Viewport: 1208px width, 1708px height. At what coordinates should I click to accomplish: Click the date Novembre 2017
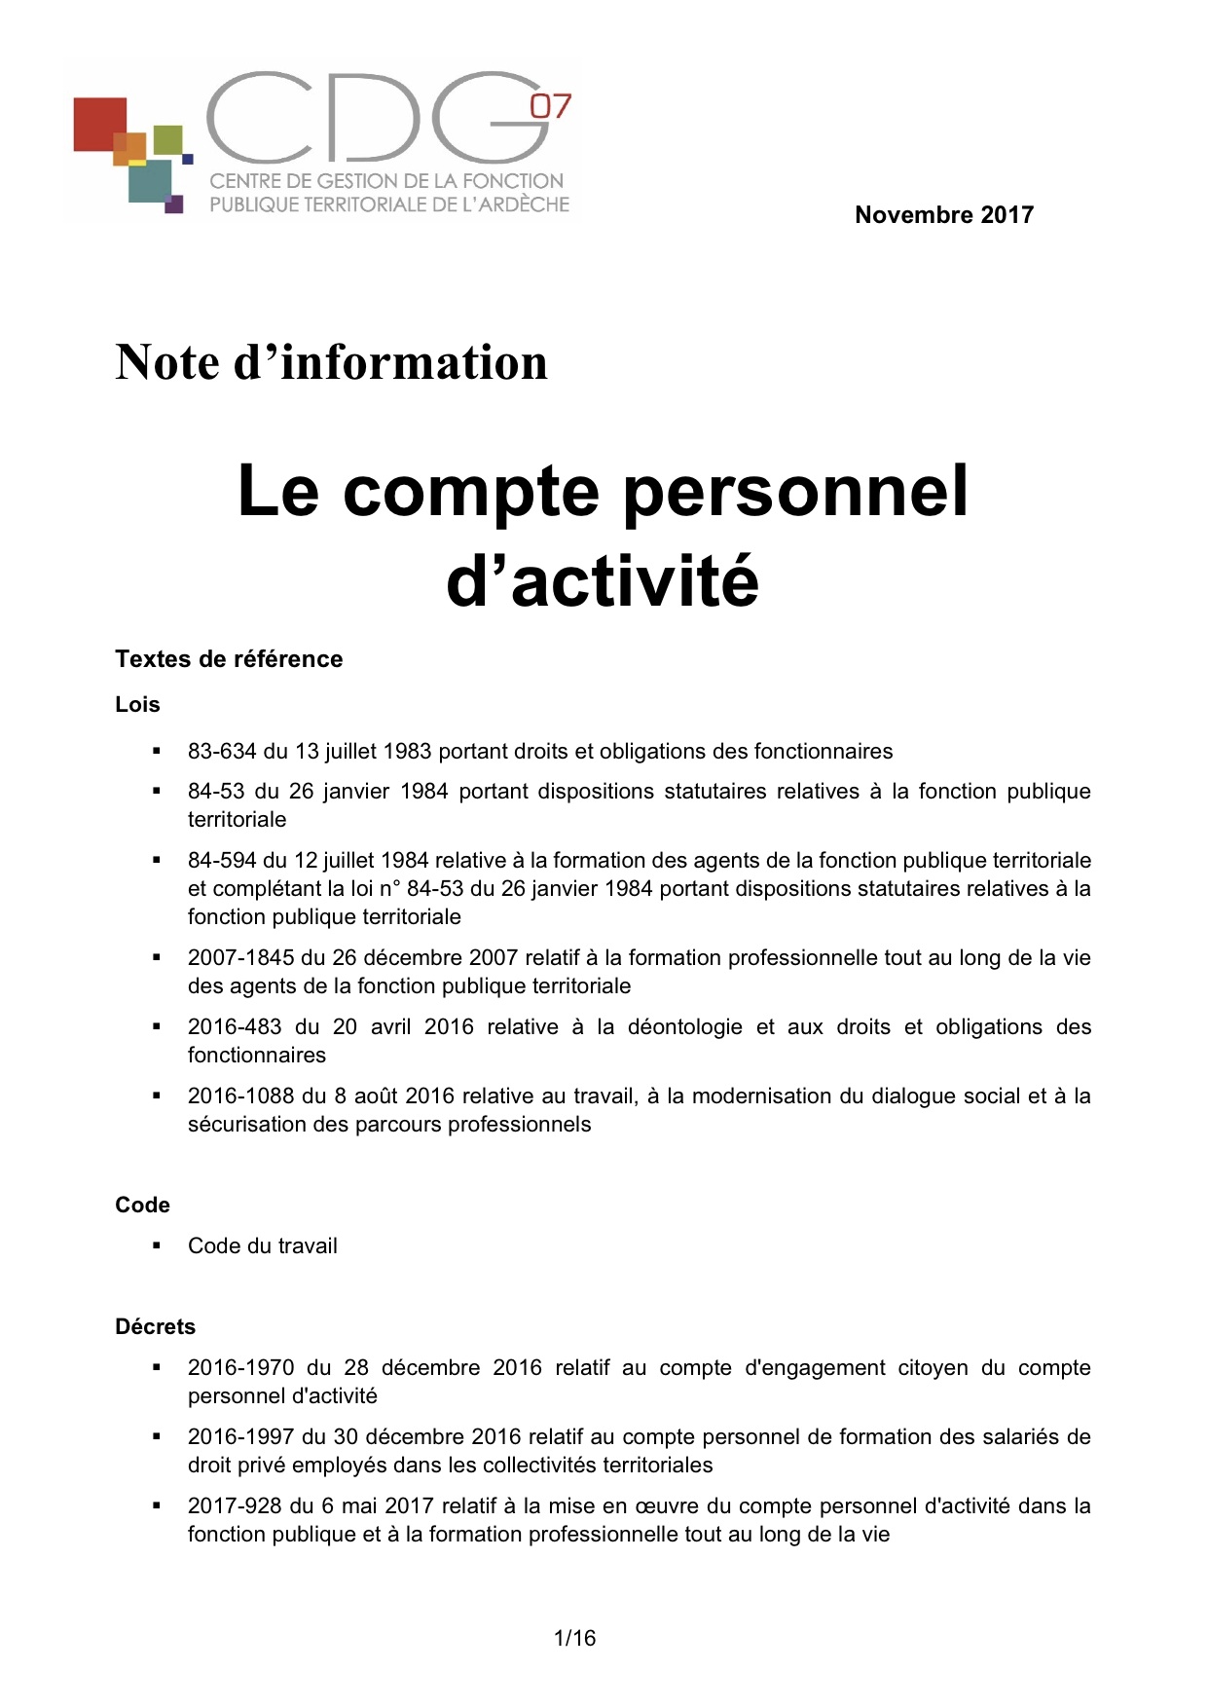tap(943, 215)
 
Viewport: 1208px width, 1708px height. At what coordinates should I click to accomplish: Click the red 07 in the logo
tap(550, 106)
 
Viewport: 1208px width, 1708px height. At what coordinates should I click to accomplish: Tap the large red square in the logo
tap(100, 124)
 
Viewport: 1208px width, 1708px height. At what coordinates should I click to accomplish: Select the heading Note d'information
tap(331, 362)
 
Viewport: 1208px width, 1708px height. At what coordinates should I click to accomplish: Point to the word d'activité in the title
tap(603, 581)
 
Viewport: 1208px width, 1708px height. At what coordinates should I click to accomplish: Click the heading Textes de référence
tap(229, 659)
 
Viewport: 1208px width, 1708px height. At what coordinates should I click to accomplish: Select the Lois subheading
tap(137, 705)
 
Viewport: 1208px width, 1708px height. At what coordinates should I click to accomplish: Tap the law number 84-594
tap(222, 861)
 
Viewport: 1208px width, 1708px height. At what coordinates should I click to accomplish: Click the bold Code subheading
tap(142, 1206)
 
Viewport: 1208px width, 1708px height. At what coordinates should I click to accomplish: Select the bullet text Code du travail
tap(263, 1246)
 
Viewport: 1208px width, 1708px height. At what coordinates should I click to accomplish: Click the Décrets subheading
tap(155, 1327)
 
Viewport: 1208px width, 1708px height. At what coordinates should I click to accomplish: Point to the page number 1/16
tap(574, 1638)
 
